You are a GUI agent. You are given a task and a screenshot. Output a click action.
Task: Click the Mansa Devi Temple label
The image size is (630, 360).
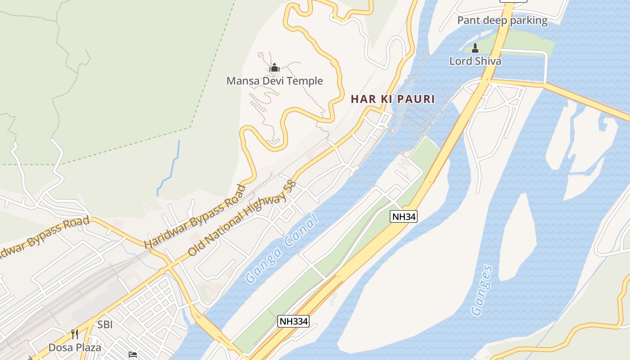(274, 81)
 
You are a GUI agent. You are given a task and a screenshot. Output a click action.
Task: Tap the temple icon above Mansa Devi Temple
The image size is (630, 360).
(274, 68)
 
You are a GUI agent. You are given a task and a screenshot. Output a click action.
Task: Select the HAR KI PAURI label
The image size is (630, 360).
(393, 99)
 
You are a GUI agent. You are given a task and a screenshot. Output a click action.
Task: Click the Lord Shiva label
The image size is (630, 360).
(475, 61)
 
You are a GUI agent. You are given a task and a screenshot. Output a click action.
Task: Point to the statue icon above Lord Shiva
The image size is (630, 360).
(475, 49)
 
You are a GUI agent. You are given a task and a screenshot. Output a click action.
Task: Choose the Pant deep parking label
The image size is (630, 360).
(502, 20)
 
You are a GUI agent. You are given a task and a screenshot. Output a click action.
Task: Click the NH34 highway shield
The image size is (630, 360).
(404, 216)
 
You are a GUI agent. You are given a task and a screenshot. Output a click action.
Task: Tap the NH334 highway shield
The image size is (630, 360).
(293, 321)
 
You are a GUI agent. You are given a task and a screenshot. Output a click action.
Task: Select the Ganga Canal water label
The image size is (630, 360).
(283, 248)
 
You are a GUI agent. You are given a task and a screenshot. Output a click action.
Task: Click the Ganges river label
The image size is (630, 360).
(481, 290)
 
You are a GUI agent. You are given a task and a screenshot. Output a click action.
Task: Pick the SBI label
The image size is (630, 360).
(105, 324)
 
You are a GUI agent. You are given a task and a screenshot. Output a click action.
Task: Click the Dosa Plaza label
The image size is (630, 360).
(75, 347)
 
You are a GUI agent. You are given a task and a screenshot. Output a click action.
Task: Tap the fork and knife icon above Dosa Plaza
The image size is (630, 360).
(75, 334)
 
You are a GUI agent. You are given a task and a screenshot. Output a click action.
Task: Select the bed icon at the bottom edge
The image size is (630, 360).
(133, 355)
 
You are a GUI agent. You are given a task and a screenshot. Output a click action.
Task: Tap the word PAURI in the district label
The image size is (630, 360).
(416, 99)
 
